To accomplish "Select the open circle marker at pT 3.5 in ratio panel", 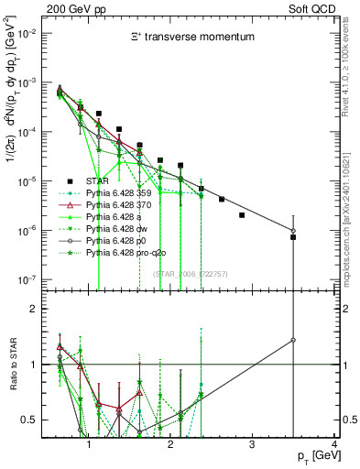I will click(293, 340).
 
